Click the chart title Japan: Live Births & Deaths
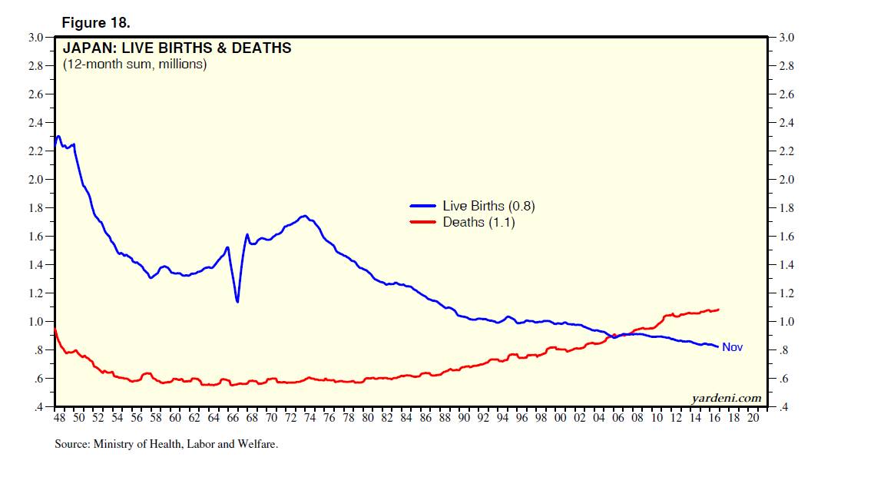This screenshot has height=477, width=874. click(x=177, y=48)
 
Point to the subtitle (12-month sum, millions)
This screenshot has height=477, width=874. click(x=134, y=65)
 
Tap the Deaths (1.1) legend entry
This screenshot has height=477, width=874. click(x=478, y=222)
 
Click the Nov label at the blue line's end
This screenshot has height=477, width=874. click(x=732, y=347)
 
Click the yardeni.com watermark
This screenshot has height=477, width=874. click(x=726, y=397)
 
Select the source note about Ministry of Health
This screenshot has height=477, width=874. click(x=166, y=444)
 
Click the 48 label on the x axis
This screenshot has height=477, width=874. click(x=59, y=419)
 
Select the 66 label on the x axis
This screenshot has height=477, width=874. click(x=233, y=419)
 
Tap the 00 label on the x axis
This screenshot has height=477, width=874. click(x=561, y=419)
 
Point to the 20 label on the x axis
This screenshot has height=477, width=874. click(x=753, y=419)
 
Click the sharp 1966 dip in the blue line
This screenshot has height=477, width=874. click(x=237, y=301)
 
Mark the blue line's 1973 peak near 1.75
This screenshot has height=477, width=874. click(x=304, y=216)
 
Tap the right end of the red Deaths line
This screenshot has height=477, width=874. click(x=718, y=310)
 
